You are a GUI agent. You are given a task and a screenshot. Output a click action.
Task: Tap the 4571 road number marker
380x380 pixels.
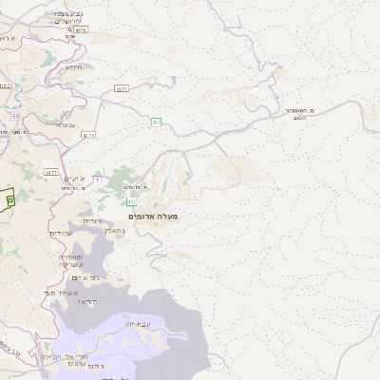click(122, 88)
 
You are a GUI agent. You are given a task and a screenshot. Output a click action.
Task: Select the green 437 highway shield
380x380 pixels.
click(155, 121)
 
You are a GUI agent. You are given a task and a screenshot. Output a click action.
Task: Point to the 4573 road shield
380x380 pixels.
click(88, 136)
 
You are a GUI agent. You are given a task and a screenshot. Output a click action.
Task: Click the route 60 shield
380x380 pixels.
click(15, 117)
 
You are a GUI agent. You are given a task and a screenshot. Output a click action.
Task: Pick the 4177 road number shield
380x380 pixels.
click(50, 172)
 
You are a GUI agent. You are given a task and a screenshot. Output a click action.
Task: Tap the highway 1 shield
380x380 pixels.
click(97, 180)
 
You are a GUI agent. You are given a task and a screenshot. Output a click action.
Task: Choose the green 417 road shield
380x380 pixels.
click(131, 200)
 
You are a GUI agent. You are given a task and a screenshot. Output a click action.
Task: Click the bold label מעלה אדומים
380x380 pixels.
click(152, 217)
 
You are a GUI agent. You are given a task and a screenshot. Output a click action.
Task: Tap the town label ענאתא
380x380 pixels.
click(66, 125)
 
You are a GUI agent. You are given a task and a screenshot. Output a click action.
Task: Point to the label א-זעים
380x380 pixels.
click(76, 179)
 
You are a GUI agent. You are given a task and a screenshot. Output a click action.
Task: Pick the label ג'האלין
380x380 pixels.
click(113, 230)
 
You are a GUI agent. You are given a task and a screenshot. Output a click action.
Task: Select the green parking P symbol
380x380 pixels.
click(9, 200)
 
